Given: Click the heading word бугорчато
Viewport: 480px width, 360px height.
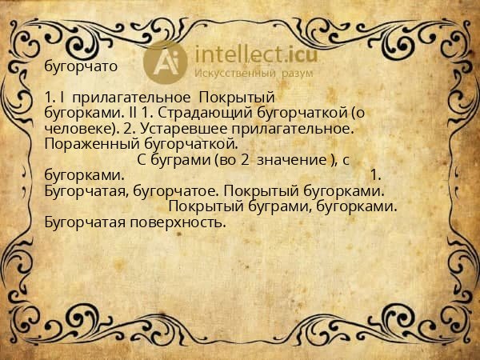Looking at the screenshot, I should (82, 66).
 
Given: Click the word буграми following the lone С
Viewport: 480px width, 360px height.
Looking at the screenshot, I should (180, 159).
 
